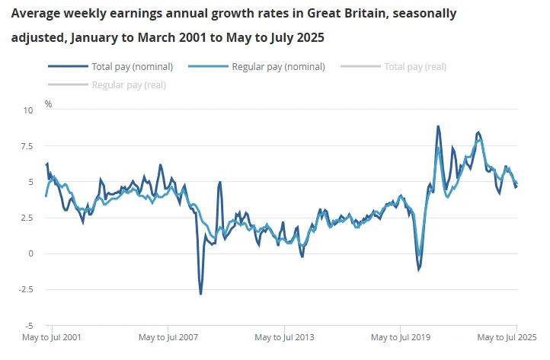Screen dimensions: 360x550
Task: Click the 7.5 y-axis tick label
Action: [x=27, y=146]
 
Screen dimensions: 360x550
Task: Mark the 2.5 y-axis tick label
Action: [x=27, y=218]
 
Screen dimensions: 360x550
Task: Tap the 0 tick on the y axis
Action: [x=31, y=253]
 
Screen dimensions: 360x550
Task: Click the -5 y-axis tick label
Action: [x=29, y=325]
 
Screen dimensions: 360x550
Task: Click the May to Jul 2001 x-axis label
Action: [x=52, y=336]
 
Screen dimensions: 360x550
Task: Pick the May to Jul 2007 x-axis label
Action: [x=168, y=336]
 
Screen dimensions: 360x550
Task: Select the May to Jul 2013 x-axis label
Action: [x=283, y=336]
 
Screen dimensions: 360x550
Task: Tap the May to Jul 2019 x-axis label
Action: [x=399, y=336]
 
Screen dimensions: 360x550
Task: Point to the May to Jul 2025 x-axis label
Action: [x=507, y=336]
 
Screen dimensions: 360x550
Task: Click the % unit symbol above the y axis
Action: [x=48, y=104]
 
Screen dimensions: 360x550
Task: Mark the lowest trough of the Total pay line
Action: [x=201, y=294]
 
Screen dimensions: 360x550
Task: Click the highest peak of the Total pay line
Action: [x=438, y=126]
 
